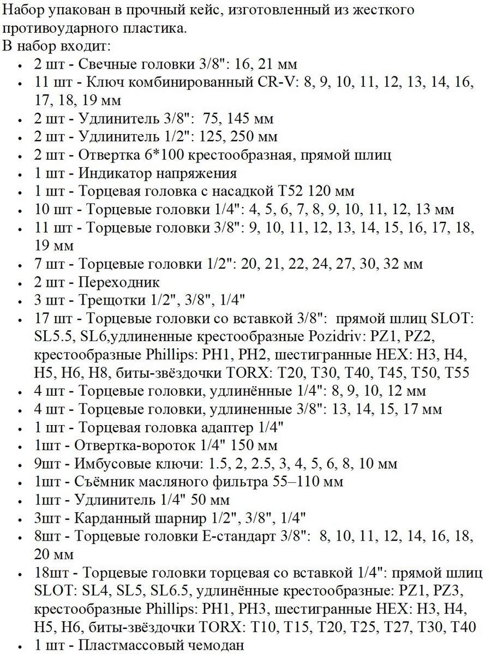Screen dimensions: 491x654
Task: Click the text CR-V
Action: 274,83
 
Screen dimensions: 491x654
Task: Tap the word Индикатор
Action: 120,173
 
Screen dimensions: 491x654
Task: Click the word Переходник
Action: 119,282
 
